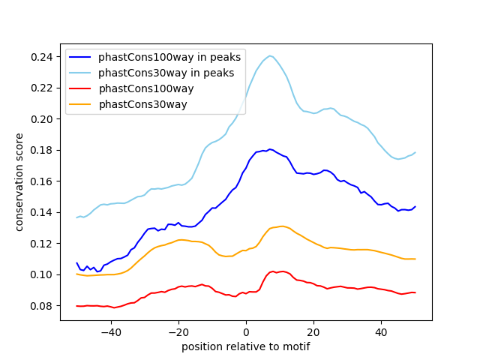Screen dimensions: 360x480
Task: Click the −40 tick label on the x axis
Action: (x=110, y=331)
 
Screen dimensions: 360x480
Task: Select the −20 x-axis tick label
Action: (x=178, y=331)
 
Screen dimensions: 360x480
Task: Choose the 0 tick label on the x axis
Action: (x=246, y=331)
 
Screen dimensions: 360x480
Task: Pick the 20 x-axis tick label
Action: (x=313, y=331)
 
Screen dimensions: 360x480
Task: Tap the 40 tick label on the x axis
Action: (x=381, y=331)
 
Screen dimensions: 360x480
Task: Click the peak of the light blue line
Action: (x=270, y=55)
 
